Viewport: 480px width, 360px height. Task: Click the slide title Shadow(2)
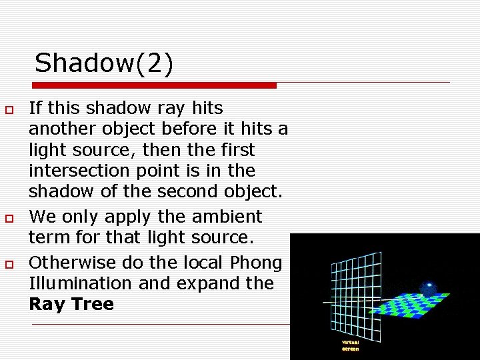[x=103, y=63]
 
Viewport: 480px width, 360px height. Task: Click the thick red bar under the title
[x=155, y=85]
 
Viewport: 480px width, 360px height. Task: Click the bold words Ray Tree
[x=71, y=305]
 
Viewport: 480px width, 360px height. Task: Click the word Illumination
[x=78, y=283]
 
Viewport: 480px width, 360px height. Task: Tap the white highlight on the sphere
[x=429, y=284]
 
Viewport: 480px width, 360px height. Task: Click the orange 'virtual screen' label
[x=350, y=345]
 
